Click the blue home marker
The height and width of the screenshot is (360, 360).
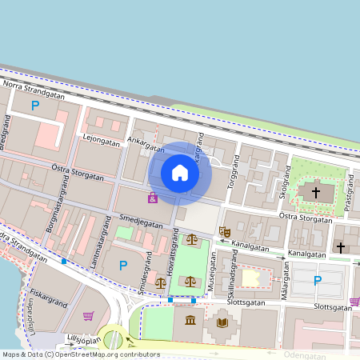[x=180, y=173]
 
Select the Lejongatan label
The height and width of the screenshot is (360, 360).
[x=101, y=140]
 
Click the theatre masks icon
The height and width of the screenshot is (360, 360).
[x=225, y=231]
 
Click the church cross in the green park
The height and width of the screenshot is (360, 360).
[x=315, y=192]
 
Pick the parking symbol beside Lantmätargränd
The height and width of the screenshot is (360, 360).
[x=123, y=265]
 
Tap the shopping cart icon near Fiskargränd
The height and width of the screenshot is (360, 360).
[x=88, y=316]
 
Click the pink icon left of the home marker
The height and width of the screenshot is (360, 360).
[x=152, y=197]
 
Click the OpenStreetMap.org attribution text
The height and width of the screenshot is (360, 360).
[x=109, y=354]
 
